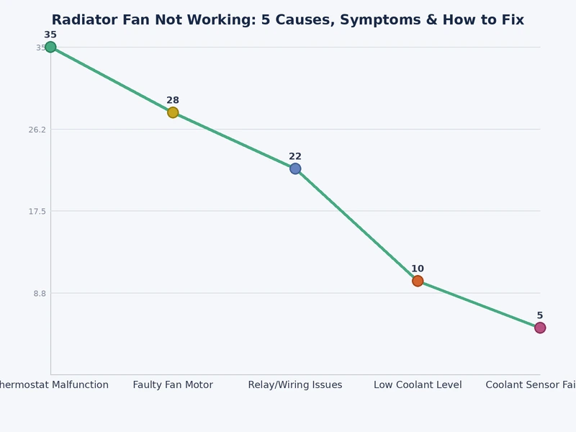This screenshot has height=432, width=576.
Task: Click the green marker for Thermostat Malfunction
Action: click(50, 48)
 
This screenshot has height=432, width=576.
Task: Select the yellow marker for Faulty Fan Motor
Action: click(173, 112)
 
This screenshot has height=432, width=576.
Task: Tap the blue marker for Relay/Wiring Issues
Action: click(295, 168)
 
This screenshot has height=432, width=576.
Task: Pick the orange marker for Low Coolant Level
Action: click(418, 281)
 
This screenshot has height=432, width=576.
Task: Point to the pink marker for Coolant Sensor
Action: click(539, 328)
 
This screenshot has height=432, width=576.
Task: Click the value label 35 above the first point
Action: click(50, 35)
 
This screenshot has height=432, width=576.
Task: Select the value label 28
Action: click(173, 100)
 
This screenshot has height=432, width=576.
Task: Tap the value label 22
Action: click(295, 156)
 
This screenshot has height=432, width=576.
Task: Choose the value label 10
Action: click(418, 269)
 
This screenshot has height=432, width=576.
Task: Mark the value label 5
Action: click(539, 315)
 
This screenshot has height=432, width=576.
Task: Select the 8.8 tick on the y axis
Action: click(39, 293)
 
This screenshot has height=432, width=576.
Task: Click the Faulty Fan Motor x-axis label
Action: click(173, 385)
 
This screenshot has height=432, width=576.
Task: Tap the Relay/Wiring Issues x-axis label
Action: click(295, 385)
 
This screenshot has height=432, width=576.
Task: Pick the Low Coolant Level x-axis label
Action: click(418, 385)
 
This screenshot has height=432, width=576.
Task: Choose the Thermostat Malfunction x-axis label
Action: click(54, 385)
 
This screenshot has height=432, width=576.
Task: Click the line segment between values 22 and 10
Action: click(356, 225)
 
